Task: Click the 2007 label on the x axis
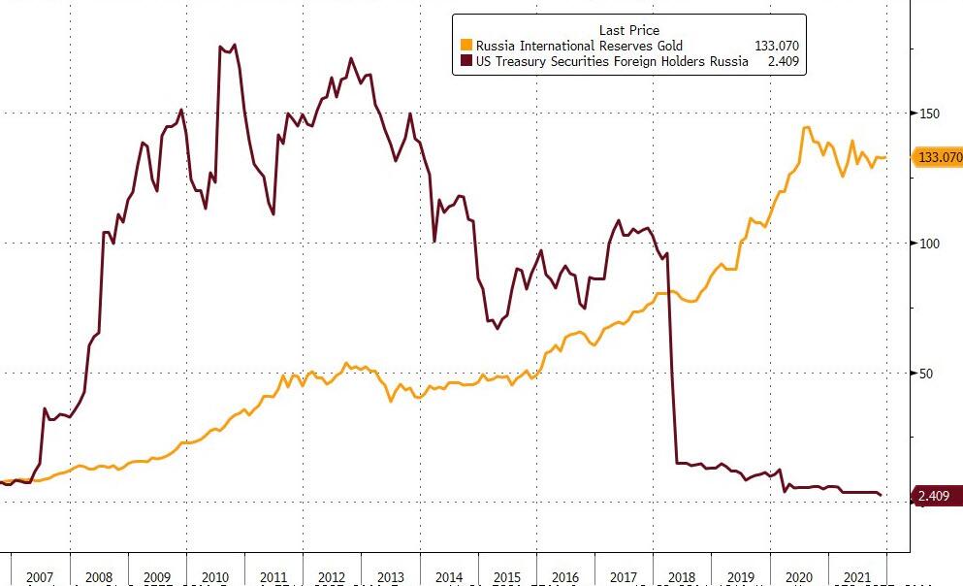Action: pos(40,577)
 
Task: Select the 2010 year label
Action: pos(215,577)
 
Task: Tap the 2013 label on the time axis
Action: pos(390,577)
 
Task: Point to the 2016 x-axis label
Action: pos(564,577)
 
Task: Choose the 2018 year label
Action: pos(682,577)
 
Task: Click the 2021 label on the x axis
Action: pos(857,577)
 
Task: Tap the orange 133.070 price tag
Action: pos(938,157)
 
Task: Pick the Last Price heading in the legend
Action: pos(628,29)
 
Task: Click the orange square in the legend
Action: pos(466,46)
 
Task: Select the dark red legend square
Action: pos(466,61)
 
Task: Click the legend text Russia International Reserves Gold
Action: pos(579,46)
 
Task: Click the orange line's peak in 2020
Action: pos(806,127)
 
